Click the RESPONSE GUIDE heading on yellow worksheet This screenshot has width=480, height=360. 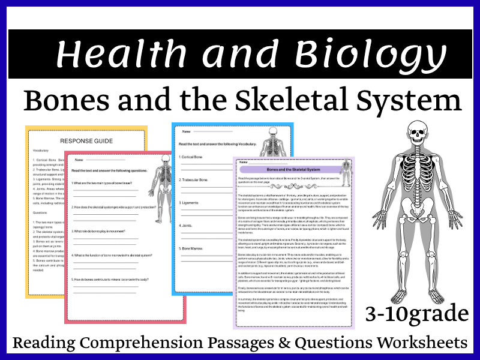tap(86, 141)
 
